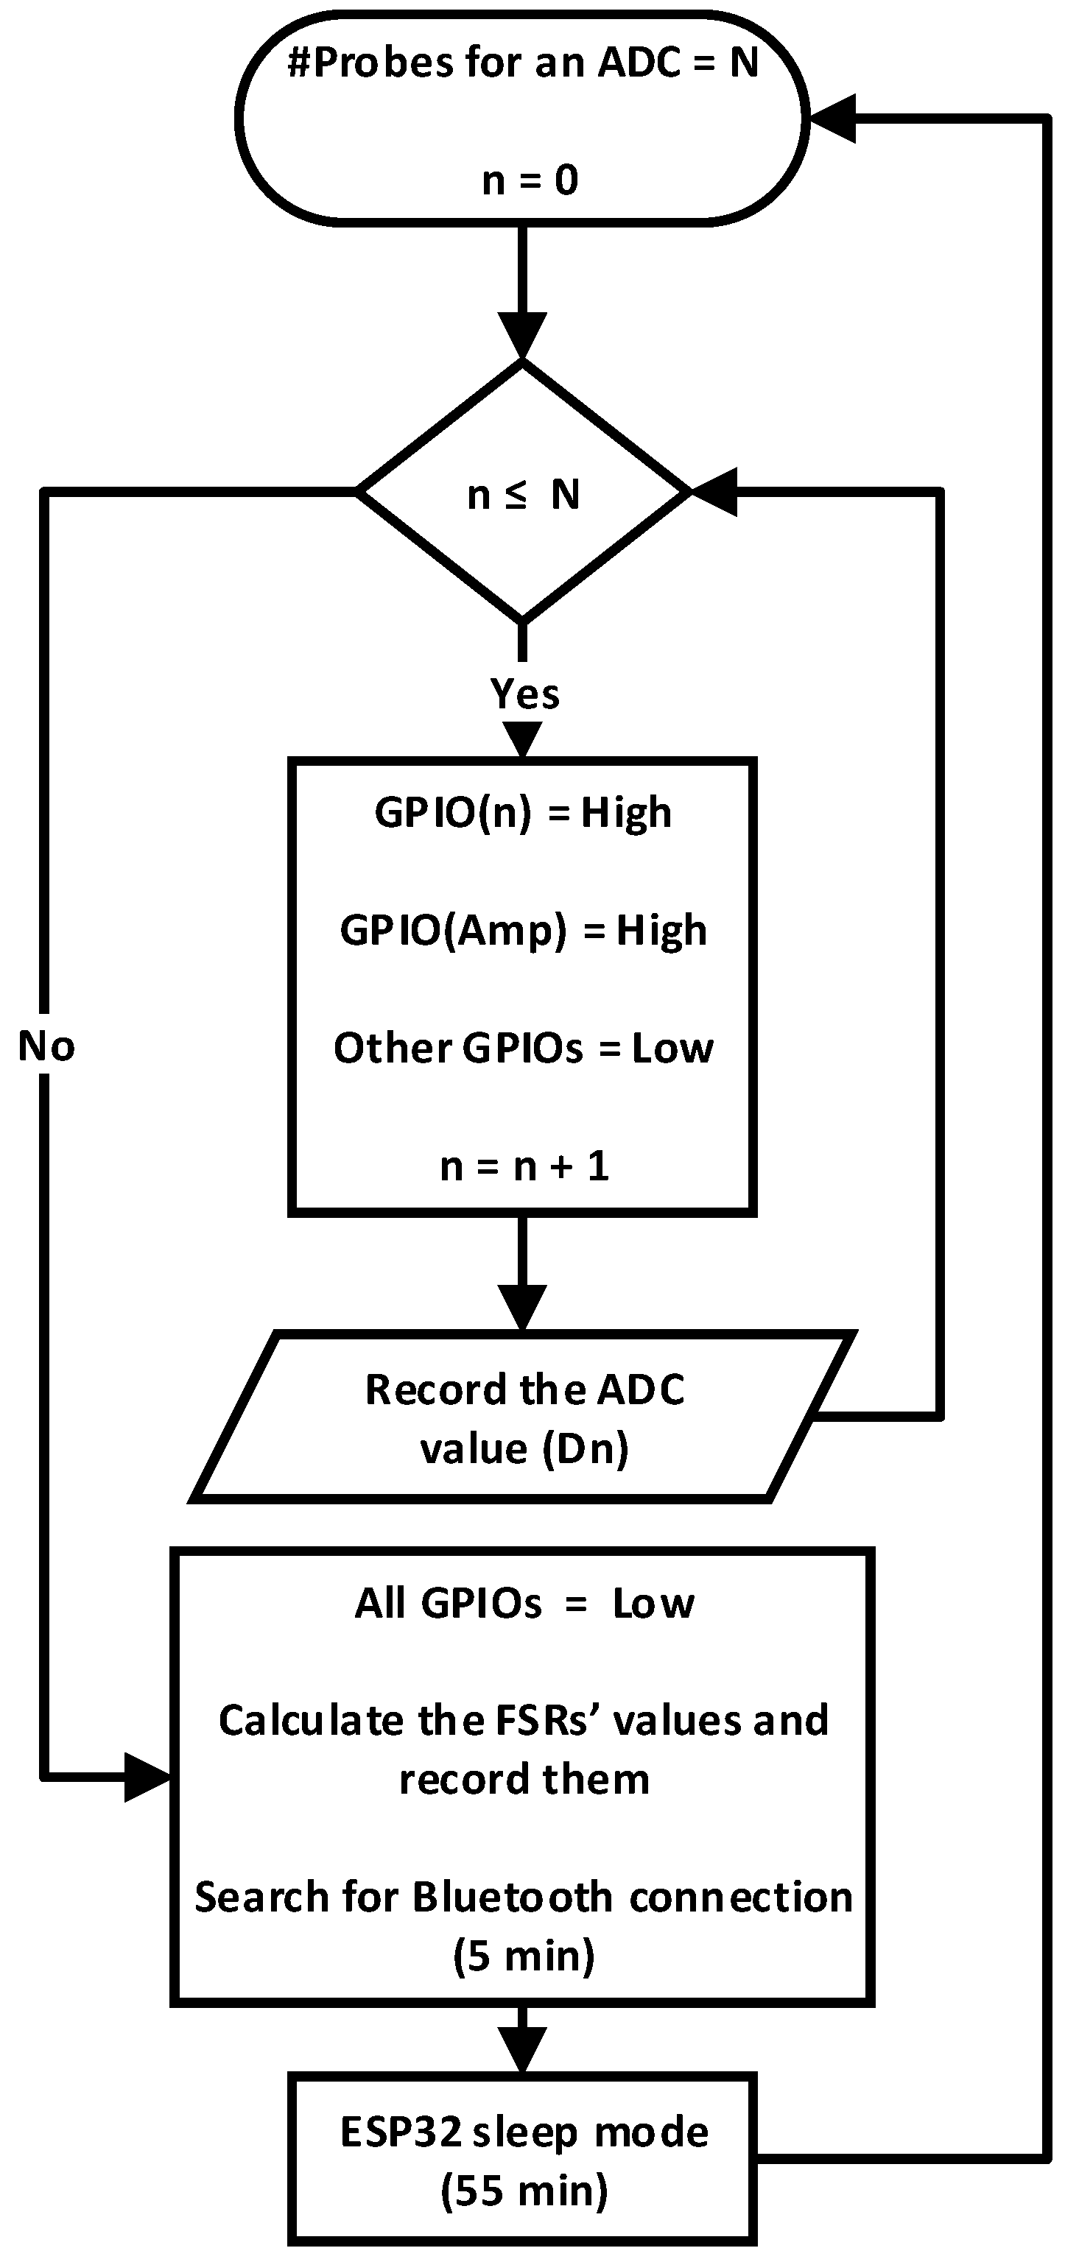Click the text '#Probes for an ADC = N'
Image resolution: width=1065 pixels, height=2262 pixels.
coord(523,63)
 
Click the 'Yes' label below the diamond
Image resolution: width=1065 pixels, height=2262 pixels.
coord(524,694)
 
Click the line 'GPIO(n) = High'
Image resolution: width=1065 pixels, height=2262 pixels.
coord(523,812)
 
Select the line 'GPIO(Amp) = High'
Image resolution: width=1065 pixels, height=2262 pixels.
coord(523,930)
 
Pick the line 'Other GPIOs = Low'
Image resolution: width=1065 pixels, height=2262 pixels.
coord(523,1048)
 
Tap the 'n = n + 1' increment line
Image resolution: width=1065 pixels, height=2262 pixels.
coord(524,1166)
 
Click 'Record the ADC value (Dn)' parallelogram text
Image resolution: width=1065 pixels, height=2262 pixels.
coord(524,1418)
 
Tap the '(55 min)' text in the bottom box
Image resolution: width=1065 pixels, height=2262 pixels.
coord(524,2191)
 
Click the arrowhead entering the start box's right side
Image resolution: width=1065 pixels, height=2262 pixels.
coord(831,118)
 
